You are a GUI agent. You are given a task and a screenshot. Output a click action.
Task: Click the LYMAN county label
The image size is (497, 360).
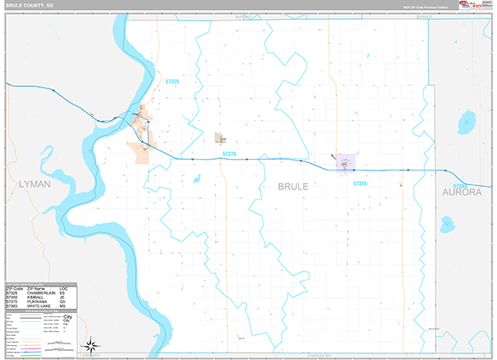34,184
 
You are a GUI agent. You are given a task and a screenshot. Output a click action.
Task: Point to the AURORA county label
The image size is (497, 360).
461,192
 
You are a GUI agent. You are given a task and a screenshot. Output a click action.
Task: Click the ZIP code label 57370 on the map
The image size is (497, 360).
229,154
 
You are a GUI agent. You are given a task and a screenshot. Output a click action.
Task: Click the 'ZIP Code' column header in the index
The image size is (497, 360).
14,286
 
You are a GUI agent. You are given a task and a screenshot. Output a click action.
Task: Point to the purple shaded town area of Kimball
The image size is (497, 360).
345,162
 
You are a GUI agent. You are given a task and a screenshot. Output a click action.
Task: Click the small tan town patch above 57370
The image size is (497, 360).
220,138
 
